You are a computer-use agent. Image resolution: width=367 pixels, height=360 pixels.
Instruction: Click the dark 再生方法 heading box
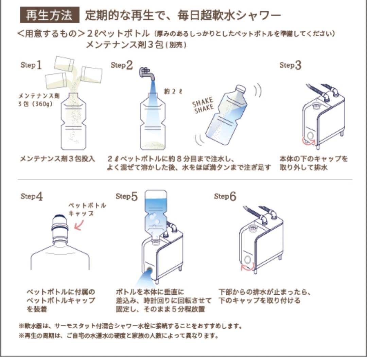pyautogui.click(x=49, y=16)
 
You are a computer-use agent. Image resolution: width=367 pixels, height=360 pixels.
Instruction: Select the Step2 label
pyautogui.click(x=122, y=65)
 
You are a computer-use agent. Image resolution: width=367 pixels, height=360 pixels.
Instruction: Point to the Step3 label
pyautogui.click(x=290, y=65)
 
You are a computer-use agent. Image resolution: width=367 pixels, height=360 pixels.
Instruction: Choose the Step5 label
pyautogui.click(x=126, y=196)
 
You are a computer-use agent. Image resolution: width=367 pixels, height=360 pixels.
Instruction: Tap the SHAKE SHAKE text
pyautogui.click(x=203, y=104)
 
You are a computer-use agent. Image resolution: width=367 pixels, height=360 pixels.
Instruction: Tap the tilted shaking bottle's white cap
pyautogui.click(x=241, y=89)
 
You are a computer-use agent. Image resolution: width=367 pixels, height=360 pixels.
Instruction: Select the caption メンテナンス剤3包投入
pyautogui.click(x=57, y=159)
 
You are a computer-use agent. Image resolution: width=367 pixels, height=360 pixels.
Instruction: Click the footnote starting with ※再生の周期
pyautogui.click(x=118, y=336)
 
